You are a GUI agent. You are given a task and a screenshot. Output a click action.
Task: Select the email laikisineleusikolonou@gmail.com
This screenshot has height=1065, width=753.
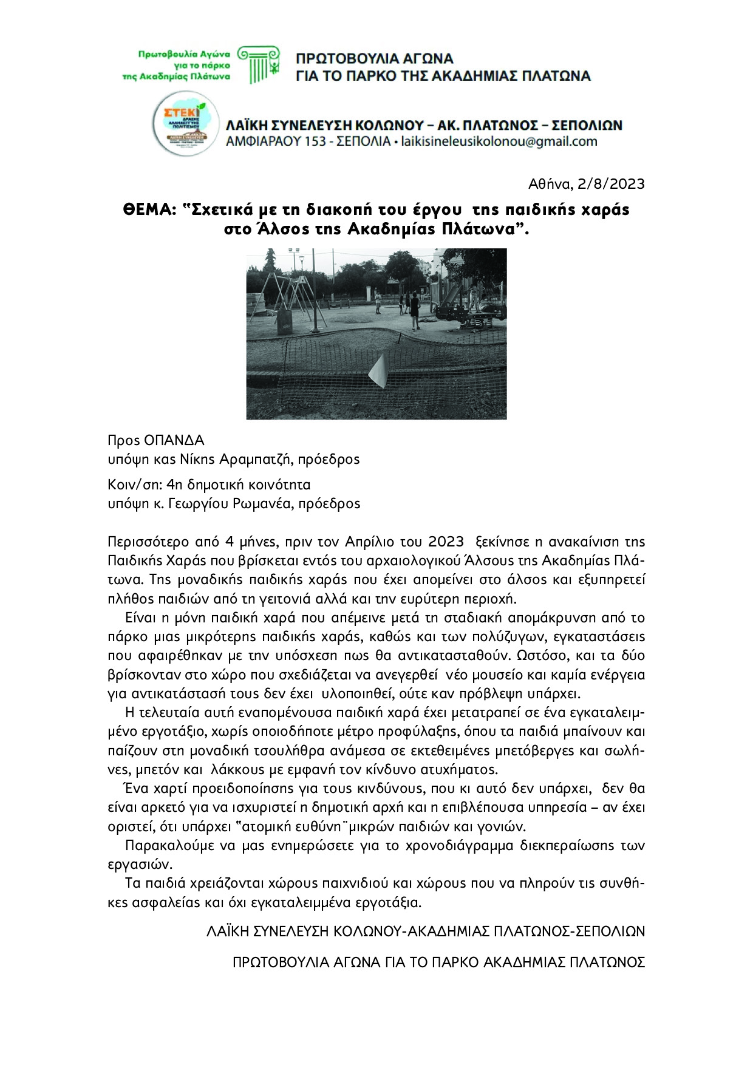[499, 142]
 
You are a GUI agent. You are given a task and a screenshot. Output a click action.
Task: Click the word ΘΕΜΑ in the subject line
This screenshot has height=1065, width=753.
[149, 209]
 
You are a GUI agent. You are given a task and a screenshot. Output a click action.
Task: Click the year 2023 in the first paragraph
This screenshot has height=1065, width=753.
[446, 541]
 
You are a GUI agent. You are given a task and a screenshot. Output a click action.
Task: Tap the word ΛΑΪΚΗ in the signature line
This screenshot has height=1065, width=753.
[228, 931]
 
